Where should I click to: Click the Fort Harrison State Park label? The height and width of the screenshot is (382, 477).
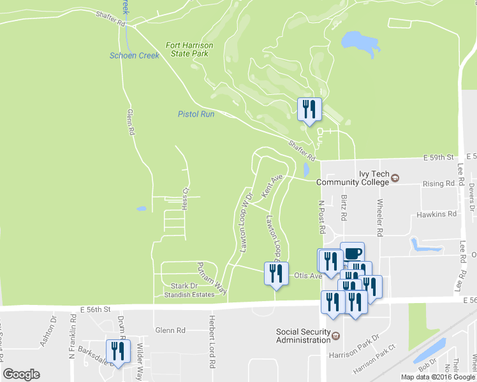pyautogui.click(x=189, y=50)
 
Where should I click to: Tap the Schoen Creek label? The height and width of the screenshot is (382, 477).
pyautogui.click(x=134, y=56)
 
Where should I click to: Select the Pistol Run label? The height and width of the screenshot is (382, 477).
pyautogui.click(x=196, y=114)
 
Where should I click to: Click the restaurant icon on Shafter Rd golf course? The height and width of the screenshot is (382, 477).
pyautogui.click(x=309, y=109)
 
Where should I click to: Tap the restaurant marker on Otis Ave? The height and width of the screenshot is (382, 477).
pyautogui.click(x=276, y=274)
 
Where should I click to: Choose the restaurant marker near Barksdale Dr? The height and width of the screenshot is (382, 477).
pyautogui.click(x=118, y=351)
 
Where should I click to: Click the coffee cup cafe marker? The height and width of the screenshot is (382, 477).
pyautogui.click(x=352, y=253)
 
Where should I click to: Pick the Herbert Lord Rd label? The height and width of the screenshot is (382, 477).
pyautogui.click(x=210, y=342)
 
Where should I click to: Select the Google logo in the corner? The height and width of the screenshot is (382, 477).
pyautogui.click(x=22, y=374)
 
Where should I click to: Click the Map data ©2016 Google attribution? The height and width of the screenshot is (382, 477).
pyautogui.click(x=438, y=377)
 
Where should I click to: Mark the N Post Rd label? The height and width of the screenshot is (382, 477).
pyautogui.click(x=322, y=218)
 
